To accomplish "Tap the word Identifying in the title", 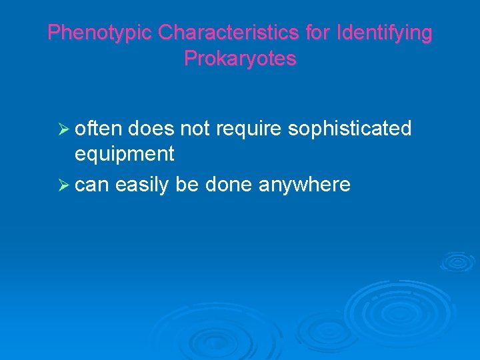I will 385,33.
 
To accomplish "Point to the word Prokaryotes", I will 240,59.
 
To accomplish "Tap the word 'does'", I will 152,128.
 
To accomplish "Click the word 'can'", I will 93,185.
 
